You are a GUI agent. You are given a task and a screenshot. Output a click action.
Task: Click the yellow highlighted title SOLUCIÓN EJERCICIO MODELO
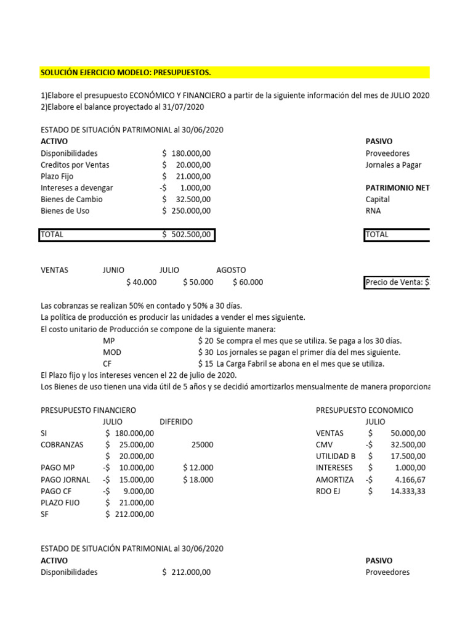click(126, 73)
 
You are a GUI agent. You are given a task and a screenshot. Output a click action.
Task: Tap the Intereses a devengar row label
click(77, 188)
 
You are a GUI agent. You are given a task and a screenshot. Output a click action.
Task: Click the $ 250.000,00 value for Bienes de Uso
click(187, 211)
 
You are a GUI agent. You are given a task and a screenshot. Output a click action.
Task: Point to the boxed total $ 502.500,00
click(187, 235)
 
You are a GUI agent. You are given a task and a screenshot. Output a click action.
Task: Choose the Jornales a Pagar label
click(394, 165)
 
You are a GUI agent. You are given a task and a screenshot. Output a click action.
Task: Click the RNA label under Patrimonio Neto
click(373, 211)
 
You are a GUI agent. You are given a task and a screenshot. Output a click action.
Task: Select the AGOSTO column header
click(231, 270)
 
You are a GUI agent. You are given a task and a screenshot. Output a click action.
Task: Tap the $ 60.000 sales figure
click(248, 282)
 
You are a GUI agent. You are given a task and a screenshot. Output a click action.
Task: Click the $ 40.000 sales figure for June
click(141, 282)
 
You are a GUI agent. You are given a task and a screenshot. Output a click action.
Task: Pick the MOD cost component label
click(112, 352)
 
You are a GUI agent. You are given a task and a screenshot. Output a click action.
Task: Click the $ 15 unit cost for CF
click(206, 364)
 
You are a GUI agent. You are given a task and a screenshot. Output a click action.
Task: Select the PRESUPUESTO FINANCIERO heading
click(88, 410)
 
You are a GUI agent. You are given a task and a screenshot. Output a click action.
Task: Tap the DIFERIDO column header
click(176, 421)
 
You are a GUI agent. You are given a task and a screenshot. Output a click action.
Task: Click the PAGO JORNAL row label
click(65, 479)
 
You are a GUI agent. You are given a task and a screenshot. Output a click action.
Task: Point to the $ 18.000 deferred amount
click(198, 479)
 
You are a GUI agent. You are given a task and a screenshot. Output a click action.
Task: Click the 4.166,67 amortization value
click(408, 479)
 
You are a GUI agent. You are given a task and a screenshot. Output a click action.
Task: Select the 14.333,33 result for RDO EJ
click(404, 491)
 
